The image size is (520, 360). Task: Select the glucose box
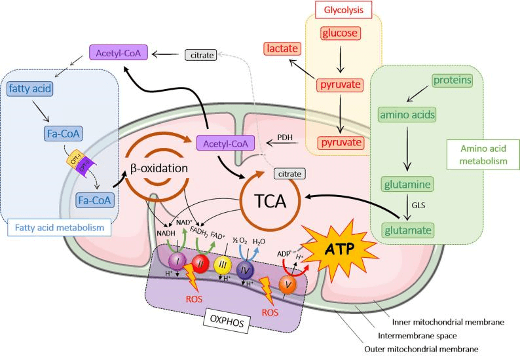[340, 33]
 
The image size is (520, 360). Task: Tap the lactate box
[282, 48]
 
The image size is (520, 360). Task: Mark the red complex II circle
[202, 263]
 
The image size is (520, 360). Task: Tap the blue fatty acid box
[31, 87]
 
